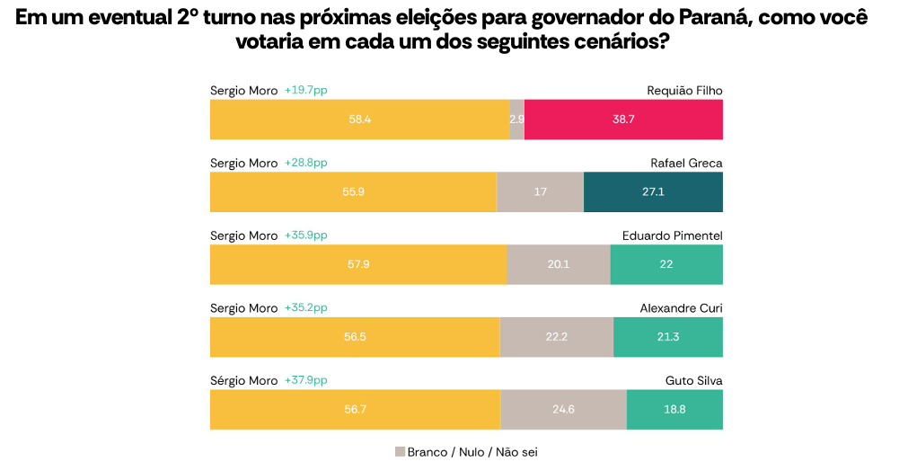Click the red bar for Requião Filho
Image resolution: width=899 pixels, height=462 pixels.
(x=623, y=120)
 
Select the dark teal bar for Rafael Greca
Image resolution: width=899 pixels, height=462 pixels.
(x=653, y=192)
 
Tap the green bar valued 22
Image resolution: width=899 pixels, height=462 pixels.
(x=665, y=264)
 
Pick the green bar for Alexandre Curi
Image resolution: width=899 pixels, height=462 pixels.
(x=667, y=337)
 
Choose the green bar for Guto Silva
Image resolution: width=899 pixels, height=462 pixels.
(x=674, y=409)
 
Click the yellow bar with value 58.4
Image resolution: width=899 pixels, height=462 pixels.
(x=359, y=120)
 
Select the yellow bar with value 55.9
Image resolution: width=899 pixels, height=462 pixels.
(x=353, y=192)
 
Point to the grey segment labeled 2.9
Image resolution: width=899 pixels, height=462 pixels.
(x=516, y=120)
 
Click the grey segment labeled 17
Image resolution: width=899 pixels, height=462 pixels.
(x=540, y=192)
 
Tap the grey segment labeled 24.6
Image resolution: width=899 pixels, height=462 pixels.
(x=563, y=409)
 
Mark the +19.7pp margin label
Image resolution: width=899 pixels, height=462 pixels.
(x=305, y=90)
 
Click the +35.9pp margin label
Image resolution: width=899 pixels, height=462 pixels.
(x=305, y=235)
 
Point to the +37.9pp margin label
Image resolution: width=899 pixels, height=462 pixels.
(x=305, y=380)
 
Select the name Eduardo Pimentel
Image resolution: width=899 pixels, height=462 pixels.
(x=672, y=235)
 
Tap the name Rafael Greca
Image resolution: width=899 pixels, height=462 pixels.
(x=686, y=163)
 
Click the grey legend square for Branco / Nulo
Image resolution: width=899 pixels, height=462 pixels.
(x=400, y=451)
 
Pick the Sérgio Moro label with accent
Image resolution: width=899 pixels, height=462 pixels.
(x=243, y=380)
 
